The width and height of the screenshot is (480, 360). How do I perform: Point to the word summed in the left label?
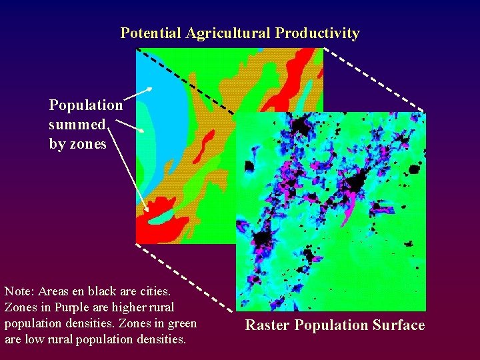pos(77,125)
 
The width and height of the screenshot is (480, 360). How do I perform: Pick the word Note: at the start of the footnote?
pos(19,291)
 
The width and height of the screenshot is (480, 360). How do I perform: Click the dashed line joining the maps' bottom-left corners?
pos(185,277)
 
